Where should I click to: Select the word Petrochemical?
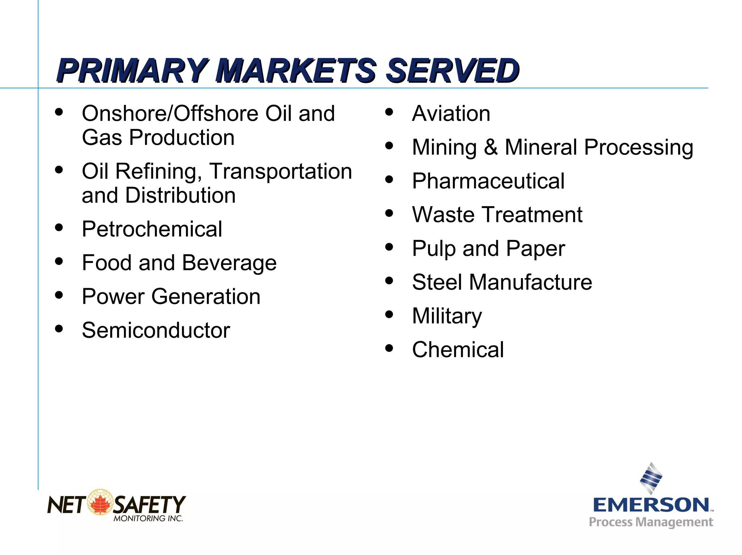click(x=152, y=229)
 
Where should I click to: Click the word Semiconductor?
click(x=156, y=330)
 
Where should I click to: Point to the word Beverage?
click(x=229, y=263)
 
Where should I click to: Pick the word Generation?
click(x=206, y=297)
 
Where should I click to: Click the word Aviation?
click(x=451, y=114)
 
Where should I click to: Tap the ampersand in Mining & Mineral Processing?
click(x=491, y=147)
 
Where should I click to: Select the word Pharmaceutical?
click(x=488, y=181)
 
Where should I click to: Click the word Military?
click(x=447, y=316)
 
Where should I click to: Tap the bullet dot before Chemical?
click(x=389, y=348)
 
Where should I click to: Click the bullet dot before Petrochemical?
click(x=59, y=228)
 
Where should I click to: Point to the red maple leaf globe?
click(x=100, y=502)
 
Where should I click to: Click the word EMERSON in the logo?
click(x=651, y=505)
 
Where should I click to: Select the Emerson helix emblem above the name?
click(x=651, y=478)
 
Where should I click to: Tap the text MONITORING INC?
click(x=148, y=519)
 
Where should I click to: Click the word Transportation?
click(x=281, y=171)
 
